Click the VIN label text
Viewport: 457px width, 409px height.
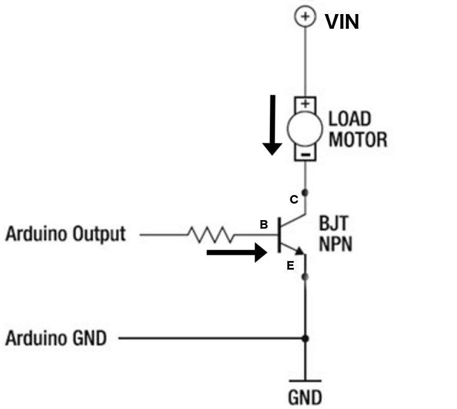(x=342, y=22)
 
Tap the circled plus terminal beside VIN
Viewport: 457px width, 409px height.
(x=305, y=17)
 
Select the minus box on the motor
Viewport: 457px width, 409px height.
(x=305, y=153)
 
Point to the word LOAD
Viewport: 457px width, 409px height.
(x=349, y=119)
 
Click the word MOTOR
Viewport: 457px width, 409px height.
(x=358, y=139)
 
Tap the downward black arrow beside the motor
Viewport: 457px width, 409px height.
(x=272, y=125)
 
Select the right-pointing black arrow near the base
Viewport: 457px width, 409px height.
(x=237, y=252)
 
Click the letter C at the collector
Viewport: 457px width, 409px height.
(x=294, y=199)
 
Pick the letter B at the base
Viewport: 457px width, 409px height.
(x=264, y=224)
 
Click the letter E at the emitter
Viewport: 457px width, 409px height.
(x=290, y=266)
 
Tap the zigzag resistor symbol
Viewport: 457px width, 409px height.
(x=211, y=235)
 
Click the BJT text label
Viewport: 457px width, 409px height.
(x=334, y=223)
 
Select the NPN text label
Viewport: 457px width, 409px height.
(x=336, y=244)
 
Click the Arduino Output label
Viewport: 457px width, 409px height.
(x=65, y=234)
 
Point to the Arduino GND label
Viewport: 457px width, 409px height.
(x=56, y=338)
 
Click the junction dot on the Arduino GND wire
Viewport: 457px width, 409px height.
(x=305, y=339)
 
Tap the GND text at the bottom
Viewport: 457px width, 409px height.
(x=305, y=397)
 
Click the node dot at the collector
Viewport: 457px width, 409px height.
(x=305, y=193)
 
